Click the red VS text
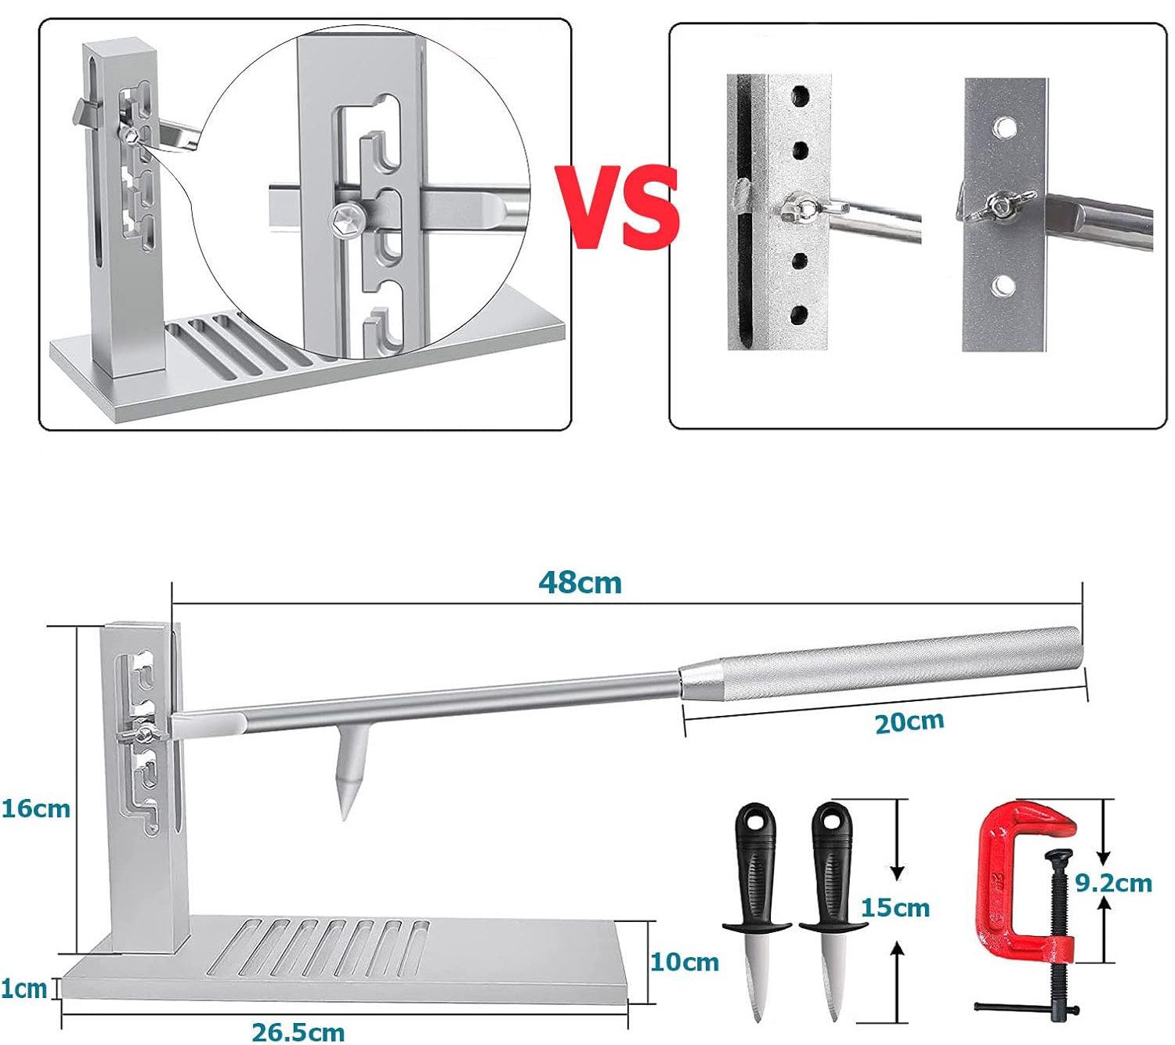click(617, 207)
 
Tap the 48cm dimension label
click(580, 583)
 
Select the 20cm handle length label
click(909, 722)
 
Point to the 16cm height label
click(36, 809)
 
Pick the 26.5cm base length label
click(298, 1032)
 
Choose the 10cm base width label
click(685, 962)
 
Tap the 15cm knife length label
click(895, 908)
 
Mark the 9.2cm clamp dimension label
click(1114, 883)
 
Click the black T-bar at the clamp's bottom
click(1026, 1008)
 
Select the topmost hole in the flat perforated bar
click(1005, 127)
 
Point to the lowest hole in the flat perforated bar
click(1003, 286)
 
